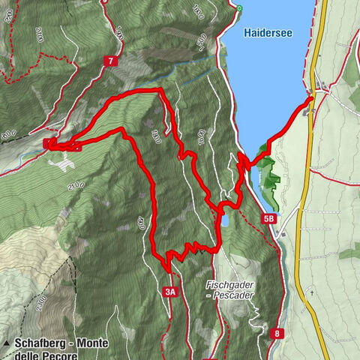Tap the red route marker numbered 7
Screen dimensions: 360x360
(111, 61)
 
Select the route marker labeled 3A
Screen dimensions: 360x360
(169, 291)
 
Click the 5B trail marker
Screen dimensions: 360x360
(268, 218)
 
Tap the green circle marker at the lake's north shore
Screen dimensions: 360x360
(240, 8)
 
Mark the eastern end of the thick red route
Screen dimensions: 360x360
(311, 98)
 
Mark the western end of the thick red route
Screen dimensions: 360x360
(48, 142)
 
